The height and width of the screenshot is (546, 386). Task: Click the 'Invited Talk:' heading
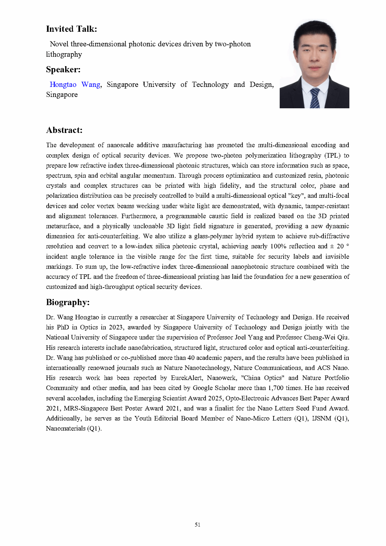pyautogui.click(x=71, y=29)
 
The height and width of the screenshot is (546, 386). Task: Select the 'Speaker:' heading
pyautogui.click(x=63, y=69)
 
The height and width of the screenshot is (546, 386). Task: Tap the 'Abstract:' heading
pyautogui.click(x=64, y=130)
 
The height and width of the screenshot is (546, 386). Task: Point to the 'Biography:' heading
pyautogui.click(x=68, y=302)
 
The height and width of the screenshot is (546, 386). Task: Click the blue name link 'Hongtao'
pyautogui.click(x=63, y=85)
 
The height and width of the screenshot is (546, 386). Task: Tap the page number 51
pyautogui.click(x=198, y=525)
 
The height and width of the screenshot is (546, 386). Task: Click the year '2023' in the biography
pyautogui.click(x=116, y=327)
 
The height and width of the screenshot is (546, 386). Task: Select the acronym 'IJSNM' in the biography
pyautogui.click(x=321, y=418)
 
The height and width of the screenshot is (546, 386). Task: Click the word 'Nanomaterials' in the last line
pyautogui.click(x=66, y=428)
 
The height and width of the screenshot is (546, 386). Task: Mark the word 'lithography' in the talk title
pyautogui.click(x=64, y=54)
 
